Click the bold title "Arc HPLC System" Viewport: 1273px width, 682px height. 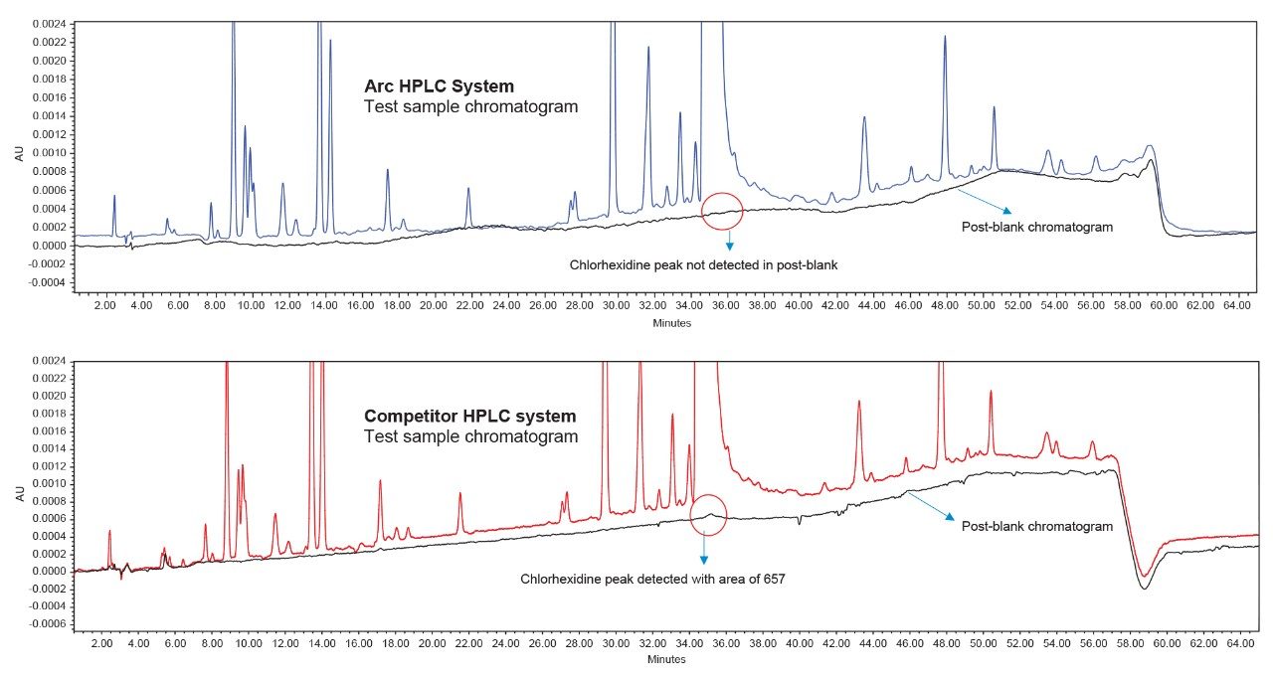click(439, 86)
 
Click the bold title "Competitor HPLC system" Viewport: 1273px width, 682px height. click(469, 417)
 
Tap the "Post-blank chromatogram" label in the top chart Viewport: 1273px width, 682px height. click(1036, 227)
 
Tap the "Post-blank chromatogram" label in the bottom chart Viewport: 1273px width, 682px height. click(1036, 526)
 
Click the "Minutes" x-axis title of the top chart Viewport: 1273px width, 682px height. click(672, 323)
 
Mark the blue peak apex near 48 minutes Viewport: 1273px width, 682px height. click(945, 37)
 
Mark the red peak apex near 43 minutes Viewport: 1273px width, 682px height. click(859, 401)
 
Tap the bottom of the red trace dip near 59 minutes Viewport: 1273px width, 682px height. click(1146, 576)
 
